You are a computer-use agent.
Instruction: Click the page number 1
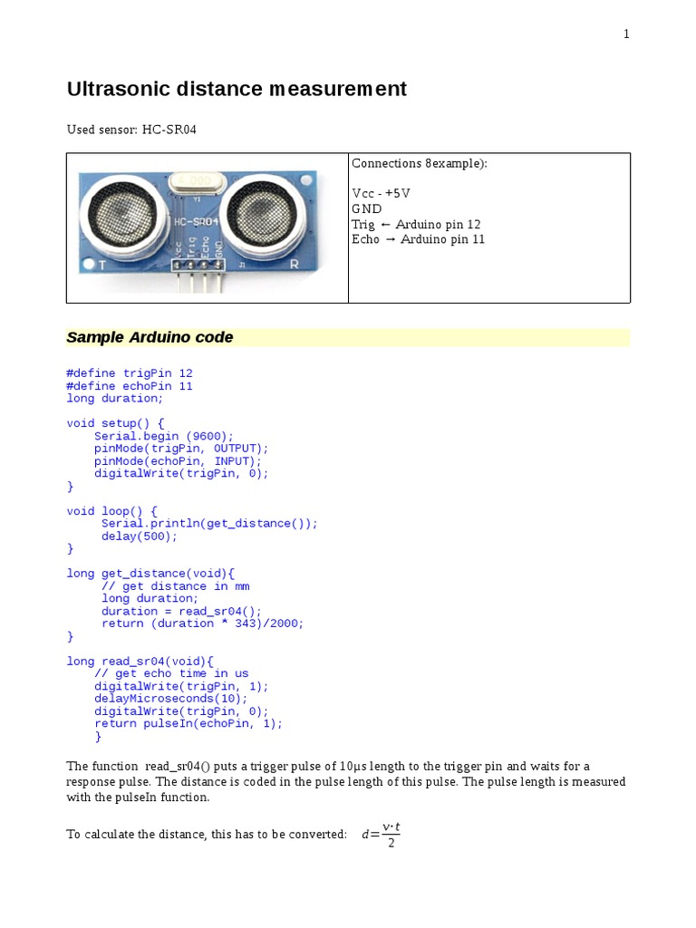coord(625,34)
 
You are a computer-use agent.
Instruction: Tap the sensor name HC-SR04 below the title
coord(169,130)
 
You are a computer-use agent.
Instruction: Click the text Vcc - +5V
coord(381,194)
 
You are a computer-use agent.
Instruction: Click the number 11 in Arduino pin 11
coord(477,239)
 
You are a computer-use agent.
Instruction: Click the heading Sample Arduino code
coord(150,337)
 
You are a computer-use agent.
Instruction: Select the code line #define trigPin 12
coord(130,373)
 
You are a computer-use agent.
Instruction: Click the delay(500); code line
coord(140,536)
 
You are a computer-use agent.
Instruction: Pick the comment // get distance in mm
coord(175,586)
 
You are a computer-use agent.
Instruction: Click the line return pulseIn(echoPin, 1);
coord(188,724)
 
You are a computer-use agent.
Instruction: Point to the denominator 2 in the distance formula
coord(391,844)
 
